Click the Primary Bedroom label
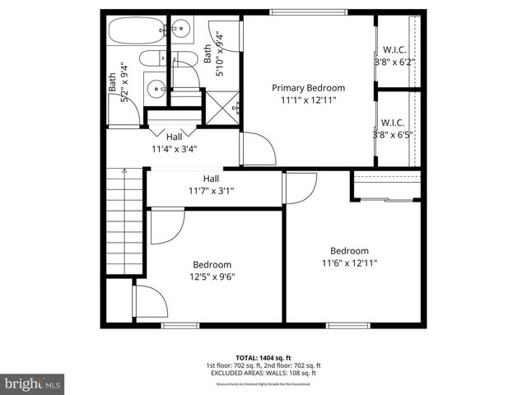coord(309,88)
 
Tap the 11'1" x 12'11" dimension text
coord(309,100)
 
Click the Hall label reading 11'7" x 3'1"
coord(211,184)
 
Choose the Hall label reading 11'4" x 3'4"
coord(174,143)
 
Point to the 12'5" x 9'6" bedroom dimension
coord(212,276)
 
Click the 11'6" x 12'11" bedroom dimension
coord(349,263)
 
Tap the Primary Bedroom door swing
coord(257,150)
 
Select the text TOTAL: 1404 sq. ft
coord(263,358)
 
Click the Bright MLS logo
coord(33,383)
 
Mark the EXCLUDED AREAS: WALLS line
coord(263,373)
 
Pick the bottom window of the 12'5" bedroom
coord(180,325)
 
